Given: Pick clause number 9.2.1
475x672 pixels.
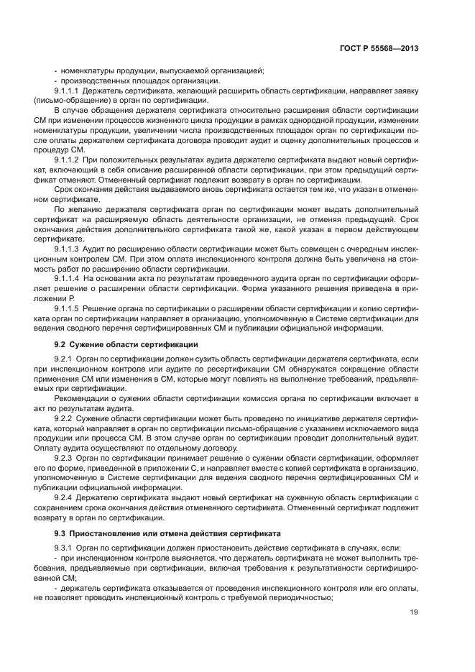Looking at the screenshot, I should click(64, 357).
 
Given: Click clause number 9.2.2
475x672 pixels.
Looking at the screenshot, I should click(64, 418).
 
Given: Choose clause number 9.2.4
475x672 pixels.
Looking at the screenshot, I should click(64, 497).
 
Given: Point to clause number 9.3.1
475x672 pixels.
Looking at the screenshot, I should click(64, 548).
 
